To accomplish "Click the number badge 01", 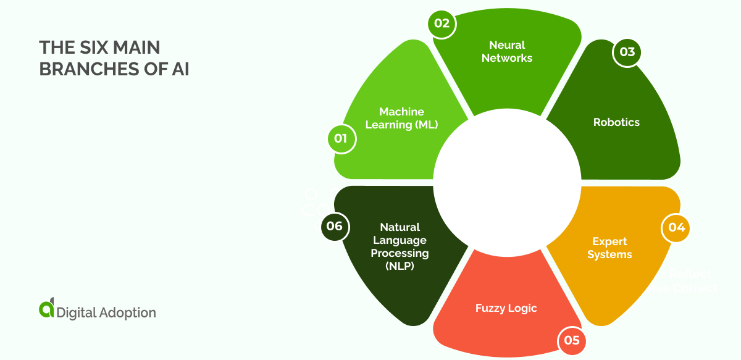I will click(340, 138).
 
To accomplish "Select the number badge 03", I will click(627, 52).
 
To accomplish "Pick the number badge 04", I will click(676, 227).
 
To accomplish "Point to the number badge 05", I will click(572, 340).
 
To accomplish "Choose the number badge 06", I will click(335, 226).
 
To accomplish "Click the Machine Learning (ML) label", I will click(401, 118).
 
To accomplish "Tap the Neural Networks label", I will click(507, 51).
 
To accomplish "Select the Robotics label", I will click(616, 122).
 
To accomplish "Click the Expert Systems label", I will click(609, 248).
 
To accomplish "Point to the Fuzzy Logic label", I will click(506, 308).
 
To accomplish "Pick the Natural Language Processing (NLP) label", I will click(400, 246).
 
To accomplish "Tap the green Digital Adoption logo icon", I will click(46, 309).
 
